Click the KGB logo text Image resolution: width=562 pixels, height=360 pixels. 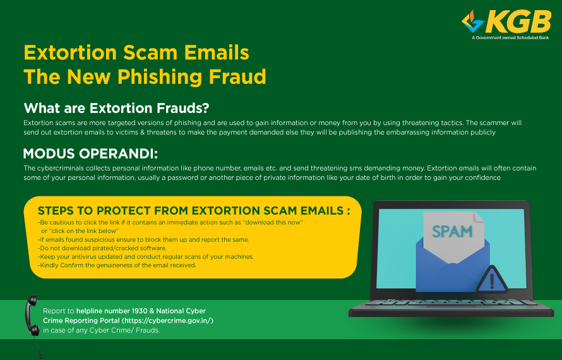518,22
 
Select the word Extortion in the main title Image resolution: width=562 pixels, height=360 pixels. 70,52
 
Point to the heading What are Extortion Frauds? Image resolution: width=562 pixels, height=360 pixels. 116,108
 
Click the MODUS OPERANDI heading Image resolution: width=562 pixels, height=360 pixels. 90,153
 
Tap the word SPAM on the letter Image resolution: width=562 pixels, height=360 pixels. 452,232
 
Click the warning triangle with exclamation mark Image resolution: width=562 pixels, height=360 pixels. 492,280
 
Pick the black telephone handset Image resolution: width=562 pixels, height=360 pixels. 32,316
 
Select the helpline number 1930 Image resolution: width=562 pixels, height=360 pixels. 140,311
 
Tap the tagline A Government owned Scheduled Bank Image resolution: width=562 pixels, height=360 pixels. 510,37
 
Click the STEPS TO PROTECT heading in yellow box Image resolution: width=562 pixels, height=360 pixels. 194,210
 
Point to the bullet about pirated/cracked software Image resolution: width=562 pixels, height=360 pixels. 102,248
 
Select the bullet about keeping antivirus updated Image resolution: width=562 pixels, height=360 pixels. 145,256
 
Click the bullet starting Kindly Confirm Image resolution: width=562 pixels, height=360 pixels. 117,265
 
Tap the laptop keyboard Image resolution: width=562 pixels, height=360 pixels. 451,303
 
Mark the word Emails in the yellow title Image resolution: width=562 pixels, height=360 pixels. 217,52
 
